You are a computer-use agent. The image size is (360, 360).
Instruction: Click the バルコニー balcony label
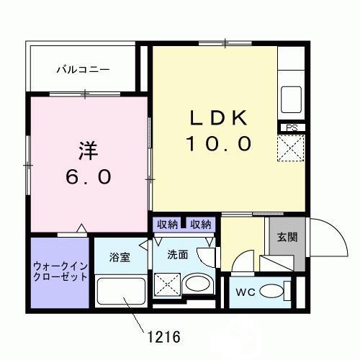(x=84, y=70)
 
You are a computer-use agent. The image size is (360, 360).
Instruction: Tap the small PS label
(x=292, y=128)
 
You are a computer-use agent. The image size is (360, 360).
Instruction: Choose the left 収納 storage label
(x=168, y=225)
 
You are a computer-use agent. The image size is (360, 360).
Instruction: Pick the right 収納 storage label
(x=201, y=225)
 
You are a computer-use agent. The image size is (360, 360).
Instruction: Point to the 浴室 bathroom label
(x=120, y=257)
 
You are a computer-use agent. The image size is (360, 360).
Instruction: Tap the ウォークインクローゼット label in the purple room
(x=60, y=271)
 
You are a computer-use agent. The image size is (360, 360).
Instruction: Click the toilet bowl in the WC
(x=272, y=292)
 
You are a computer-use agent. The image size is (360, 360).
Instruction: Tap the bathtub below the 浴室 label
(x=120, y=294)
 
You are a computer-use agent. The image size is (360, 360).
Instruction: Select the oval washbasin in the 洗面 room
(x=196, y=285)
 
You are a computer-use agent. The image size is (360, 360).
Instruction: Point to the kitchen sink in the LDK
(x=292, y=95)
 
